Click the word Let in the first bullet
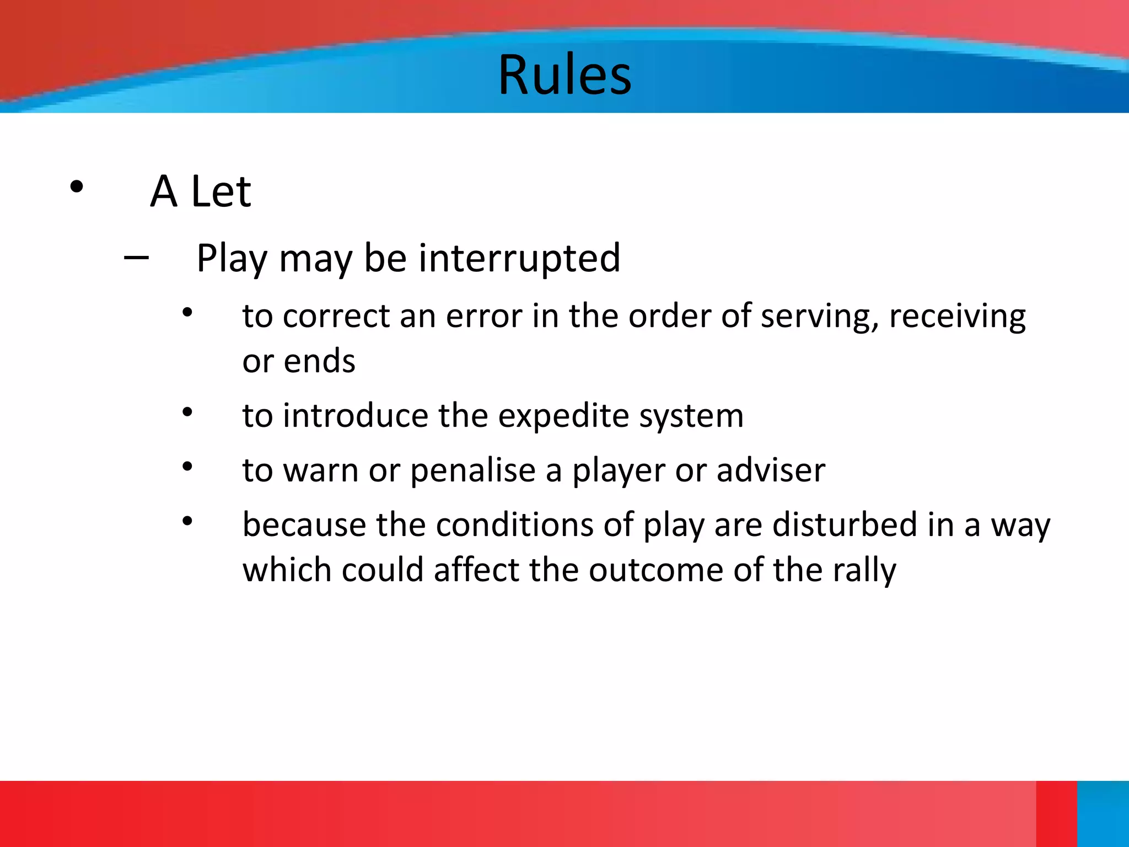click(x=221, y=191)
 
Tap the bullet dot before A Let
click(x=77, y=187)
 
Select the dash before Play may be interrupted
click(x=136, y=257)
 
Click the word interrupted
click(x=519, y=258)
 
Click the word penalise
click(x=472, y=471)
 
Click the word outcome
click(x=655, y=570)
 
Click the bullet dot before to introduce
click(x=187, y=411)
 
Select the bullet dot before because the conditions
click(x=187, y=520)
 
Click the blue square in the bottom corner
click(x=1103, y=813)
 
